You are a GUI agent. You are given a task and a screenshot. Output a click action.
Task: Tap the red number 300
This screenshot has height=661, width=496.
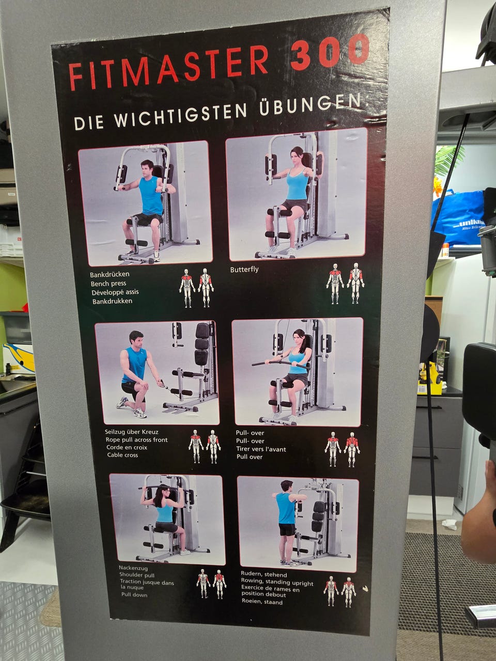pyautogui.click(x=330, y=52)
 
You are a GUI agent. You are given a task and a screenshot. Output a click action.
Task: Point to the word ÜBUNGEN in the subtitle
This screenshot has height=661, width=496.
pyautogui.click(x=310, y=106)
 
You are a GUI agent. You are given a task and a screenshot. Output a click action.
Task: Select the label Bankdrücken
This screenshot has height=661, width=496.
pyautogui.click(x=110, y=274)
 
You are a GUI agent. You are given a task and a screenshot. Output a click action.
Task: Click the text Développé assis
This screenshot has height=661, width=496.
pyautogui.click(x=115, y=292)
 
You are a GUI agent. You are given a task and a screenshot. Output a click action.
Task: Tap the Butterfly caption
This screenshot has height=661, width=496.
pyautogui.click(x=244, y=269)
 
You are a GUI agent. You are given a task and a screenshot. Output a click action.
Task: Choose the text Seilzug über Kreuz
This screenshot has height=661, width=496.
pyautogui.click(x=131, y=432)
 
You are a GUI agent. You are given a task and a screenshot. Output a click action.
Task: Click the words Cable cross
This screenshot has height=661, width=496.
pyautogui.click(x=122, y=455)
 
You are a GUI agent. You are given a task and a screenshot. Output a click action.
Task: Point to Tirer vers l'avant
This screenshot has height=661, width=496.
pyautogui.click(x=261, y=449)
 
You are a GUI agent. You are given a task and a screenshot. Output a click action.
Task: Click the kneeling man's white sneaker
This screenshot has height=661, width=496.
pyautogui.click(x=140, y=413)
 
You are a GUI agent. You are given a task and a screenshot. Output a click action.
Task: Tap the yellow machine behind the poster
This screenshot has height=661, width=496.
pyautogui.click(x=430, y=377)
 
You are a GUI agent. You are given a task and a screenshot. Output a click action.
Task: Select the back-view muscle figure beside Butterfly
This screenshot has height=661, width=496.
pyautogui.click(x=355, y=283)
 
